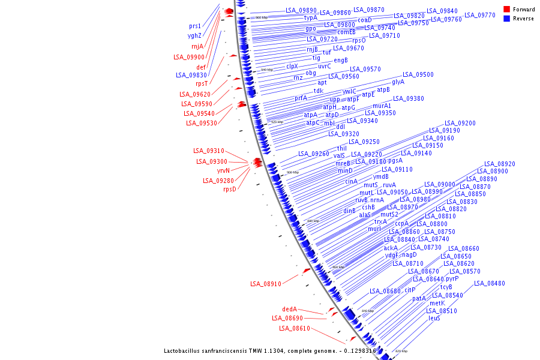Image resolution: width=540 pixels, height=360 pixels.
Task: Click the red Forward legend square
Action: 506,10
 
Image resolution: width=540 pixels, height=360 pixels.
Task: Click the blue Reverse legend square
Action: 506,19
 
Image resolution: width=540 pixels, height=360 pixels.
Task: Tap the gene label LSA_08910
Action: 265,284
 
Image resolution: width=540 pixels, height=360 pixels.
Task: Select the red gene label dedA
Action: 290,310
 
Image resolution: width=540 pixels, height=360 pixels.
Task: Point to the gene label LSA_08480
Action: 490,283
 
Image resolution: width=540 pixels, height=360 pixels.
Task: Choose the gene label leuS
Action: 434,318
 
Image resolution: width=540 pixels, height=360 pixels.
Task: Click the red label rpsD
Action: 230,190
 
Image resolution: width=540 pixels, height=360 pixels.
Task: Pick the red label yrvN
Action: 223,170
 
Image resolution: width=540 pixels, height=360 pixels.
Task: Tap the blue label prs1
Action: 195,26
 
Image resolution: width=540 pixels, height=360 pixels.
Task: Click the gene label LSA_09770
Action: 480,15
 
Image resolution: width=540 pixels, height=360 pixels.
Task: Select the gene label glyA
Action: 398,82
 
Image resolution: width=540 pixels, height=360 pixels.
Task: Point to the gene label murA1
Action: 382,106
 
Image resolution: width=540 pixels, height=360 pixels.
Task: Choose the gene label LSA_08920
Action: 500,164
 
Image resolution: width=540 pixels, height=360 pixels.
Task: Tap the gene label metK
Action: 437,303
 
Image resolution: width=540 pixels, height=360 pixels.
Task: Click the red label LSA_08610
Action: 295,328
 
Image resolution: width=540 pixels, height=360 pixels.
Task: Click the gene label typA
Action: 311,18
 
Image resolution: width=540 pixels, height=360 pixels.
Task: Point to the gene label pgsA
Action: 395,161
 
